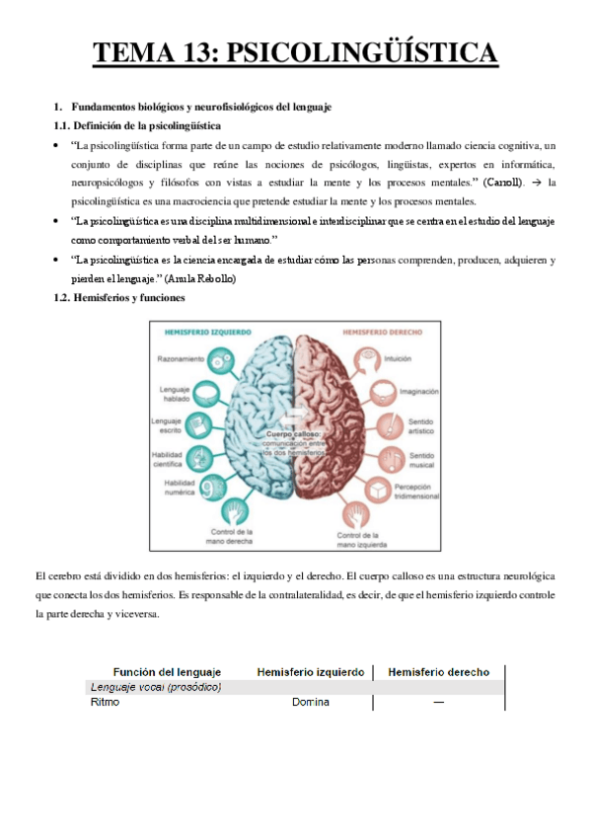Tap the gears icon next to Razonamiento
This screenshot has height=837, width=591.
(x=226, y=359)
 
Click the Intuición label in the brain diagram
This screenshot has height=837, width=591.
(x=398, y=359)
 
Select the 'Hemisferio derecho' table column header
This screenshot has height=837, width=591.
(x=438, y=672)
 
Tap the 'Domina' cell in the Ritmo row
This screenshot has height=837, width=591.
(x=310, y=703)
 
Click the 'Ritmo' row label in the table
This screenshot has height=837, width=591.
(x=104, y=703)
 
